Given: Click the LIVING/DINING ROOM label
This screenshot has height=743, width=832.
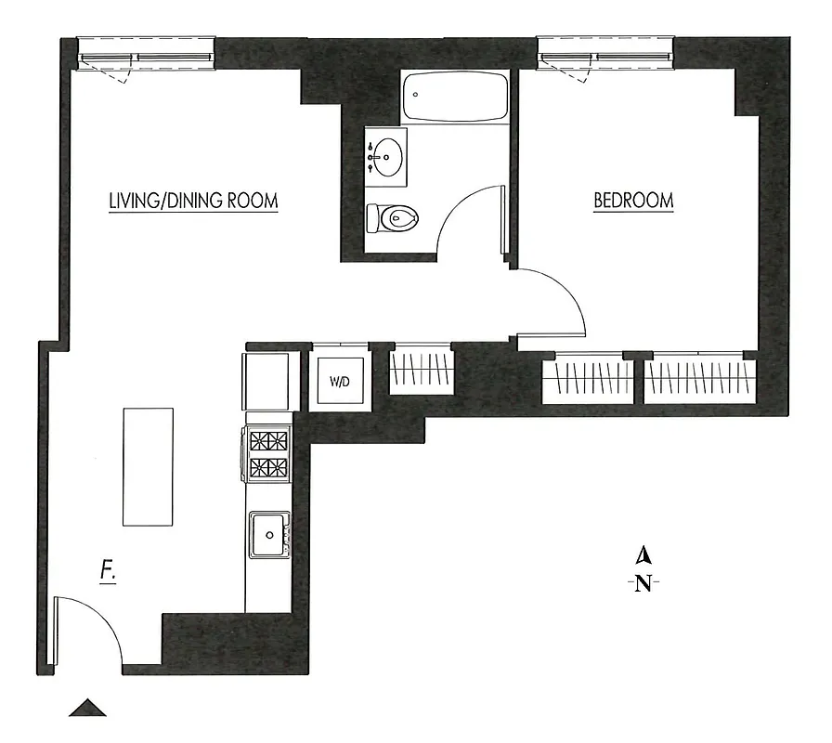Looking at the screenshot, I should coord(193,201).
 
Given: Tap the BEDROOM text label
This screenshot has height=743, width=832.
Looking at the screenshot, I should coord(633,201).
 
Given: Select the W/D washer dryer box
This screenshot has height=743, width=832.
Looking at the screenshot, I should coord(340,381).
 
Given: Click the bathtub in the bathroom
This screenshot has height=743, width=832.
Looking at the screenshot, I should coord(455,97).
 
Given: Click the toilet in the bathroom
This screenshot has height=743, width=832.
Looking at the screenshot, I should coord(394,219).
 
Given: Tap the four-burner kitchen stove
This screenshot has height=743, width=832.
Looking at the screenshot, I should coord(269,454).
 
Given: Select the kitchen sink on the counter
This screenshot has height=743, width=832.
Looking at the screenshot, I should coord(269,534).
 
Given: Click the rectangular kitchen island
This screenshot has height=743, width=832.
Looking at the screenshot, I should coord(149,467).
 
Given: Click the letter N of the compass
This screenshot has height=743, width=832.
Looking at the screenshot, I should coord(642,584).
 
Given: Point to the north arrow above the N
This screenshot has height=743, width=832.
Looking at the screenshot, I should coord(642,556).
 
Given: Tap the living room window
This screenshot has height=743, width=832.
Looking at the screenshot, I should coord(147,56).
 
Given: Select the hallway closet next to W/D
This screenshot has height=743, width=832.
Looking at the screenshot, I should coord(422,371).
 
